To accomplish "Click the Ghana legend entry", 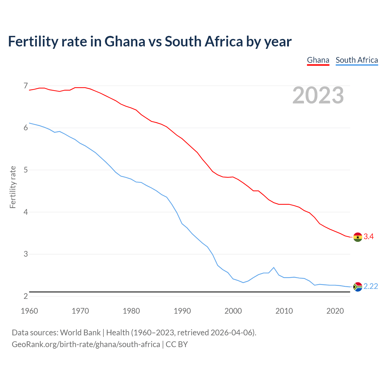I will pos(318,60).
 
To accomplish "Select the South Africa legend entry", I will pos(357,60).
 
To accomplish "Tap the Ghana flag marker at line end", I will pos(358,237).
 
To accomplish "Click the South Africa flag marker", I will pos(358,286).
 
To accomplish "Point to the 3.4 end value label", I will pos(369,237).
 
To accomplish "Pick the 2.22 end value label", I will pos(371,286).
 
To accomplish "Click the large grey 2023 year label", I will pos(318,95).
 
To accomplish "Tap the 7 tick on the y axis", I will pos(26,86).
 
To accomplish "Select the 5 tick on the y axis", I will pos(26,170).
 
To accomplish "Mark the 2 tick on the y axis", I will pos(26,296).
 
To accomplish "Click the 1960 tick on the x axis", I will pos(29,311).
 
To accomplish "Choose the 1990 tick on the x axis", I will pos(182,311).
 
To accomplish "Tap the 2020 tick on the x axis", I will pos(335,311).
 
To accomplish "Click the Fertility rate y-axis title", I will pos(13,187).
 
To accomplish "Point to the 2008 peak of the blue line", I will pos(274,267).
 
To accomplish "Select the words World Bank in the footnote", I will pos(80,333).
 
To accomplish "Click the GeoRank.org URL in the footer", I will pos(86,344).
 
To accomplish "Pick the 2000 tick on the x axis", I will pos(233,311).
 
